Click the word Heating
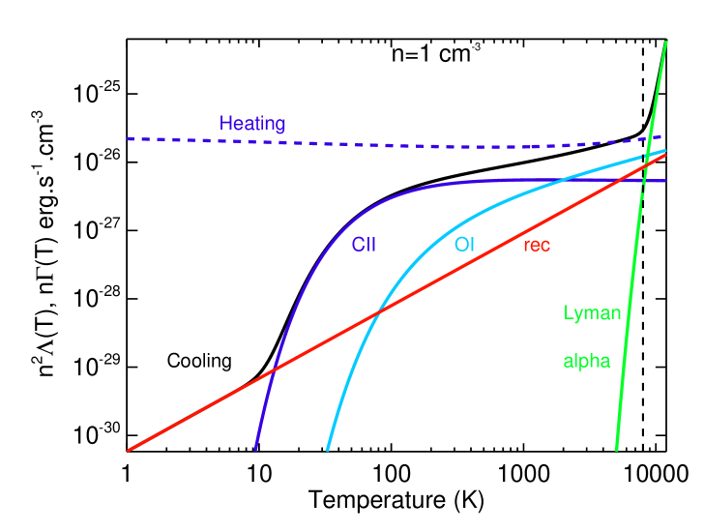point(251,124)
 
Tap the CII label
point(363,246)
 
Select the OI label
point(464,245)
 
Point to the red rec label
point(537,246)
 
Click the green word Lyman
point(592,313)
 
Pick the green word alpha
point(587,362)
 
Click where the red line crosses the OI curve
point(378,311)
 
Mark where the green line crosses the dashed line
point(651,138)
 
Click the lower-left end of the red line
point(128,450)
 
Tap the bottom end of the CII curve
point(255,450)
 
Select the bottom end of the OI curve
point(328,450)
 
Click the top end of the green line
point(666,42)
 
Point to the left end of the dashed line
point(128,139)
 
